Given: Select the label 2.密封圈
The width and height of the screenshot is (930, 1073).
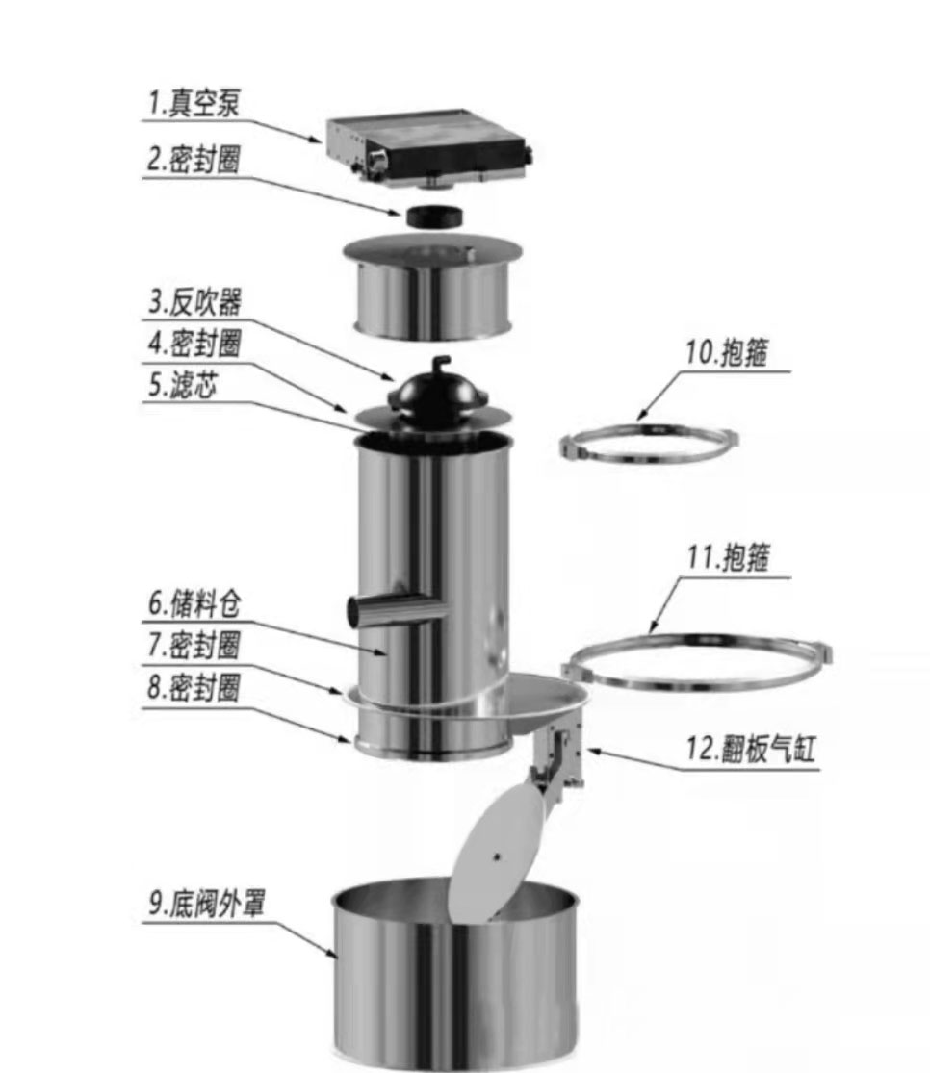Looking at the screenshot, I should click(193, 160).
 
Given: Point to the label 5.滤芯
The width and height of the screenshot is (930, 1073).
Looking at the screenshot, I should click(183, 385).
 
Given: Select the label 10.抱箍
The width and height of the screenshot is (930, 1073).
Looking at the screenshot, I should click(726, 353).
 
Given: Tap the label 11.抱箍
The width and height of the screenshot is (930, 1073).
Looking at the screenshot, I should click(726, 558).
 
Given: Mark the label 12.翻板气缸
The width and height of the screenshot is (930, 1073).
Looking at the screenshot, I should click(751, 750).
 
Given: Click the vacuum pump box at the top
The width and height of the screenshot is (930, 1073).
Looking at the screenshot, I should click(428, 147).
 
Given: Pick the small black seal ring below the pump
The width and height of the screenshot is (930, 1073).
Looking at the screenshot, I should click(430, 216).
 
